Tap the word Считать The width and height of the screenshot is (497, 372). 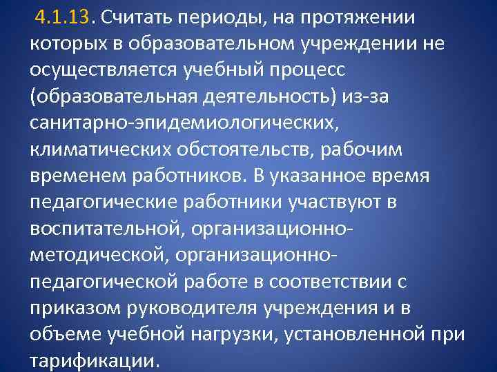pyautogui.click(x=131, y=17)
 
